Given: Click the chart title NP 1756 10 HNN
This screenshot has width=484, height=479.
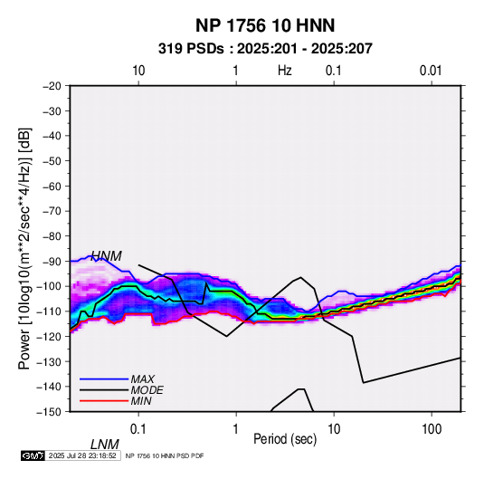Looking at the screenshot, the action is [x=265, y=25].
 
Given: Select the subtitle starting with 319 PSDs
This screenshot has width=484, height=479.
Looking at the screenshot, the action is [x=265, y=49].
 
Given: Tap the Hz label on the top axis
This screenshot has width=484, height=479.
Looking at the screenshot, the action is [x=284, y=71].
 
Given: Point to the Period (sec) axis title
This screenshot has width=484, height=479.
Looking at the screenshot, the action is [x=285, y=439].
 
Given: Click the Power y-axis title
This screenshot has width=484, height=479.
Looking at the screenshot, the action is [x=24, y=248].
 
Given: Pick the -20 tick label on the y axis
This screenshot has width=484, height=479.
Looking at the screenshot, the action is [x=52, y=86].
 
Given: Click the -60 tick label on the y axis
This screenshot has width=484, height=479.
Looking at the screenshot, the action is [x=52, y=186].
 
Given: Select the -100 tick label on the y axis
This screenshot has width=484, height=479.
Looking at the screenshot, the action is [x=49, y=286].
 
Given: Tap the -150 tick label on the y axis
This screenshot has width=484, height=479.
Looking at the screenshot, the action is [x=49, y=412].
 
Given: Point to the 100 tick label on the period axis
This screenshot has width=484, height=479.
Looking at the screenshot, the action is [x=432, y=429].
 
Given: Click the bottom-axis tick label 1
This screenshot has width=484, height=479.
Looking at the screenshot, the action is [x=236, y=429].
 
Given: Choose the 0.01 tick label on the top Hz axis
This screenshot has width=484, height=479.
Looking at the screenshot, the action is [x=431, y=71].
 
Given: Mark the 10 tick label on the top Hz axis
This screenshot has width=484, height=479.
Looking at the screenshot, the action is [x=138, y=71].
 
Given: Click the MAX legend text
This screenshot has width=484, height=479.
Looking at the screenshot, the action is [x=142, y=378].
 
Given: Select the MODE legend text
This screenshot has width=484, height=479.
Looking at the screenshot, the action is [x=147, y=390].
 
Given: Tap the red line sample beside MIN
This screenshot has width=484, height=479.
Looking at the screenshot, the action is [x=104, y=401].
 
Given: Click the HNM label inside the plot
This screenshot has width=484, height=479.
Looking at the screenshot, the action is [x=106, y=256].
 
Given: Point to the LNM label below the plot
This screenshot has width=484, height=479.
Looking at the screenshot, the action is [x=105, y=445].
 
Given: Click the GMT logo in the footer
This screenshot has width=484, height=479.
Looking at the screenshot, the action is [x=33, y=455].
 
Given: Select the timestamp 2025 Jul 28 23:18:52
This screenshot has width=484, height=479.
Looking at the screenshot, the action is [x=82, y=455].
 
